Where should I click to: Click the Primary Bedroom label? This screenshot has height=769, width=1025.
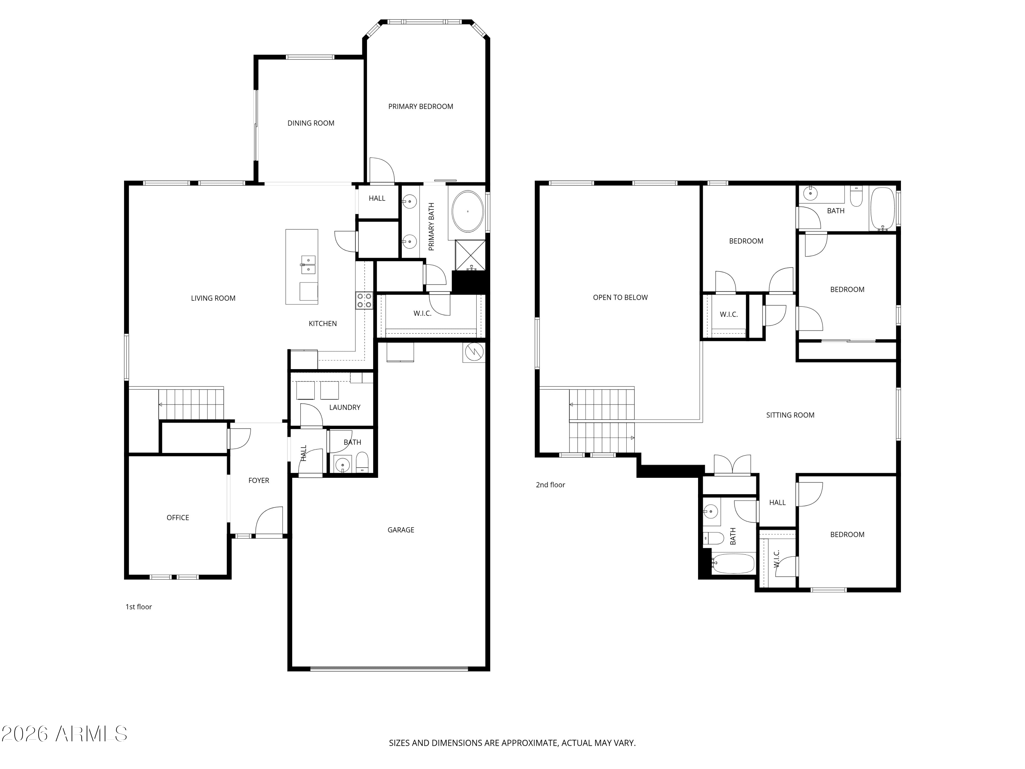tap(420, 107)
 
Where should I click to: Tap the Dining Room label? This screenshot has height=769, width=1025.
tap(311, 123)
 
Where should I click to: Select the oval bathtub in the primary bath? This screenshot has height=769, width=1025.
tap(467, 211)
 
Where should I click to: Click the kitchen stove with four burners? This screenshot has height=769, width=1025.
tap(364, 300)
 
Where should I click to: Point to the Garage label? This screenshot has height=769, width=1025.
tap(401, 530)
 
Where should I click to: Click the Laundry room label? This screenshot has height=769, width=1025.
tap(345, 407)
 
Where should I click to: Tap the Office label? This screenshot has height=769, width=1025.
tap(178, 518)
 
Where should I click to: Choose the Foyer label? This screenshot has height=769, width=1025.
tap(259, 481)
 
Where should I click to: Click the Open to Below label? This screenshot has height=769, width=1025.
tap(620, 298)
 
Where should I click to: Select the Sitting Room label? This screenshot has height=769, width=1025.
tap(790, 415)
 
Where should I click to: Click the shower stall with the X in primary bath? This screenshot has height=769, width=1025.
tap(470, 255)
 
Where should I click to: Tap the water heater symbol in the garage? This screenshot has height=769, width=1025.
tap(474, 352)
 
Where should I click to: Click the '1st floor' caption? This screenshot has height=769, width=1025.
tap(139, 607)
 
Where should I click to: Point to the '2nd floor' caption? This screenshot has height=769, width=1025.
tap(550, 485)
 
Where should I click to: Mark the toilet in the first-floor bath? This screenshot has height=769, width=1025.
tap(363, 462)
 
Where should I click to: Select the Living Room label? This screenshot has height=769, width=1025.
tap(213, 298)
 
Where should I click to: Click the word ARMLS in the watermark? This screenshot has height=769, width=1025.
tap(91, 734)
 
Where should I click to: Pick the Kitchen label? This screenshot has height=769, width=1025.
tap(323, 324)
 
